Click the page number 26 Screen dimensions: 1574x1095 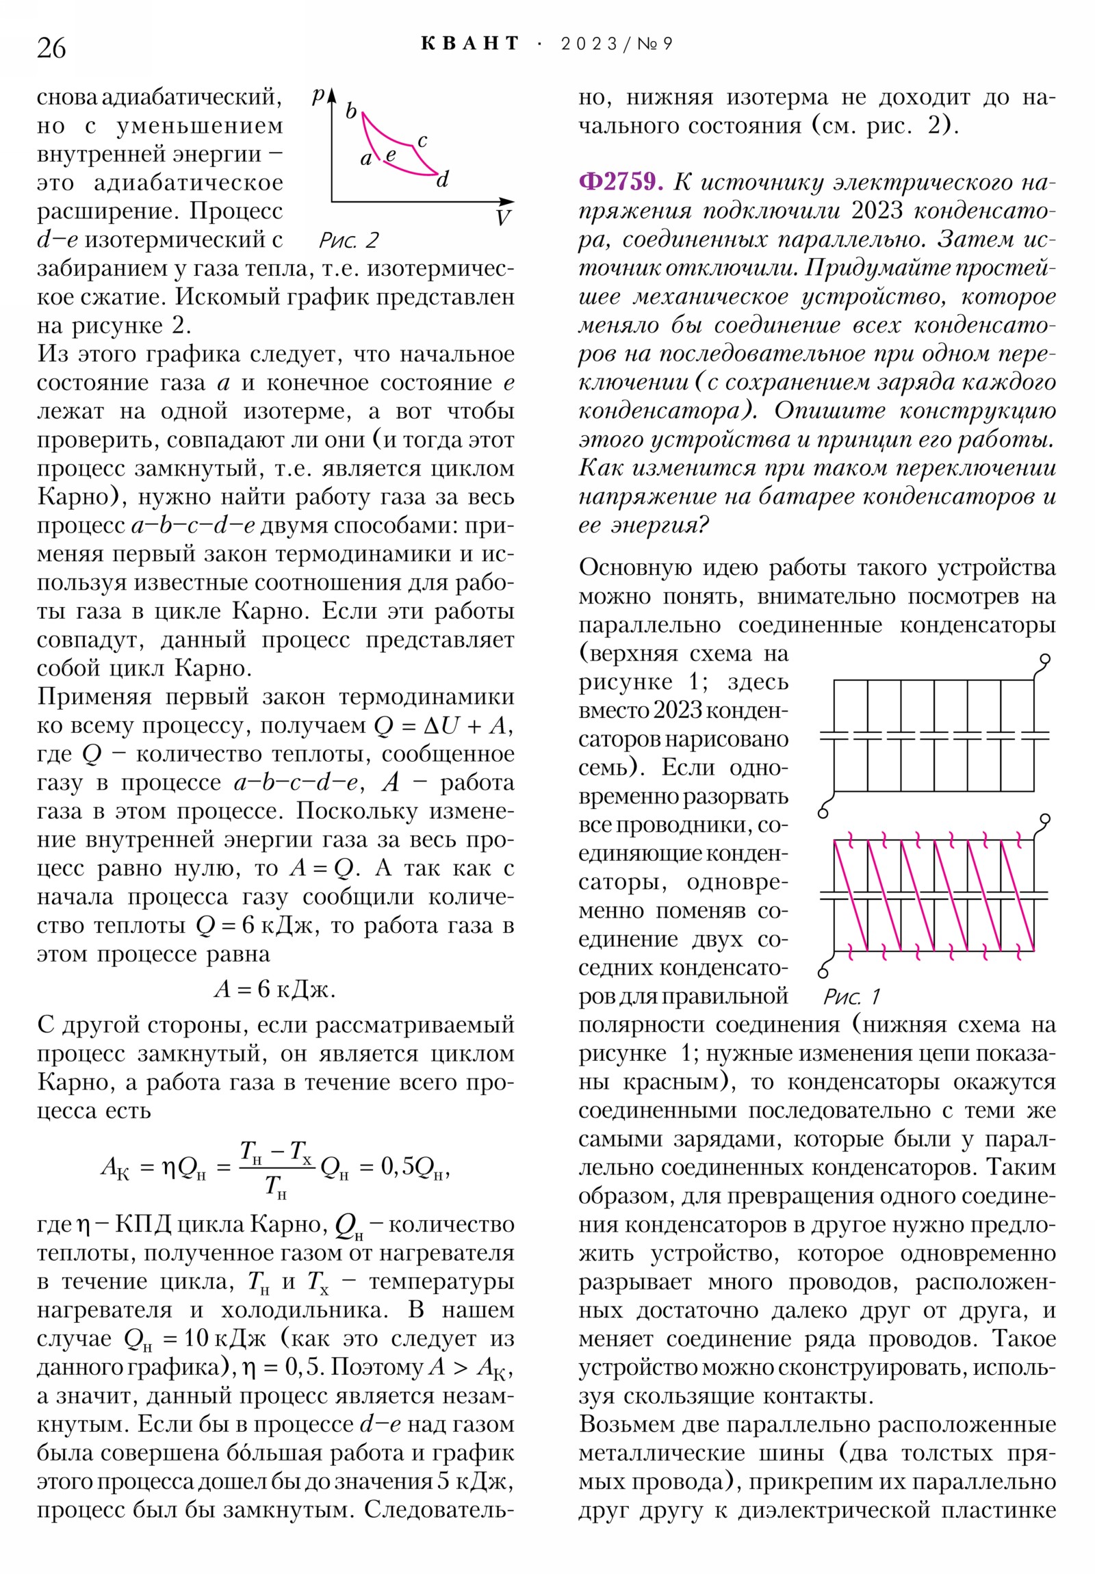(x=51, y=48)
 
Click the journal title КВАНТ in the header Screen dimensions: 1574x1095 (x=469, y=44)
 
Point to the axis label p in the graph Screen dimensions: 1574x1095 (x=318, y=94)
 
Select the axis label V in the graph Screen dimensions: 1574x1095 (x=502, y=218)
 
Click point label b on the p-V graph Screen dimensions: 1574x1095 (x=351, y=111)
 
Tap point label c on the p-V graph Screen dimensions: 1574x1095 (x=422, y=140)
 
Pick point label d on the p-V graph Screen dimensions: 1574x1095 (x=443, y=179)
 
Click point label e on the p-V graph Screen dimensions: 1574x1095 (x=390, y=155)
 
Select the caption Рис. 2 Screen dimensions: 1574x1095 (x=348, y=240)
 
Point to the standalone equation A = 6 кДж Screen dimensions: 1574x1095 (x=275, y=989)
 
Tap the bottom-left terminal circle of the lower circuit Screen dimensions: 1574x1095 (x=823, y=971)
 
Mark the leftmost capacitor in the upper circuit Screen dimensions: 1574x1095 (x=834, y=735)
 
